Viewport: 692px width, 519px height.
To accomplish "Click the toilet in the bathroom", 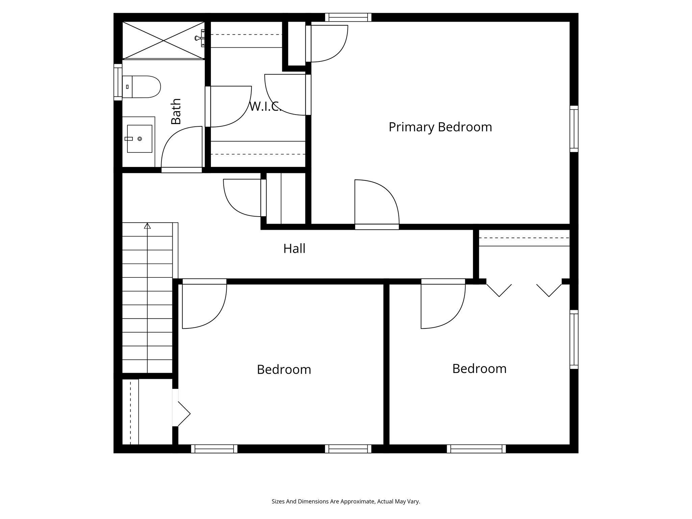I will [x=142, y=87].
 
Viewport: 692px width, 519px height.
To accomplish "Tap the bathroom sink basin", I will [x=139, y=139].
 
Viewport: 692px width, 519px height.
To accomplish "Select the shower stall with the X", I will [x=164, y=41].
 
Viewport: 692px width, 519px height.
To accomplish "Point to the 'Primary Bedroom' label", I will [x=440, y=127].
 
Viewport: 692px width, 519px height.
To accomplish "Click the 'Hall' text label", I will [x=294, y=249].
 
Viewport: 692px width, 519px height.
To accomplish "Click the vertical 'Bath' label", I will [x=176, y=112].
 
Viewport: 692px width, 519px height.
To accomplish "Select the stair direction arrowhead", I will [x=147, y=226].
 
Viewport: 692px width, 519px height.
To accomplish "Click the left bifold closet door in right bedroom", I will [x=499, y=290].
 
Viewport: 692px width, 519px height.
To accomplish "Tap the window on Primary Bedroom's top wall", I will [x=348, y=17].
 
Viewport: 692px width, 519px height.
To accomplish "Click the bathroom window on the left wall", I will [x=118, y=82].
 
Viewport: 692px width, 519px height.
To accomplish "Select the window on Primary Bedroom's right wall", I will [x=574, y=129].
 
